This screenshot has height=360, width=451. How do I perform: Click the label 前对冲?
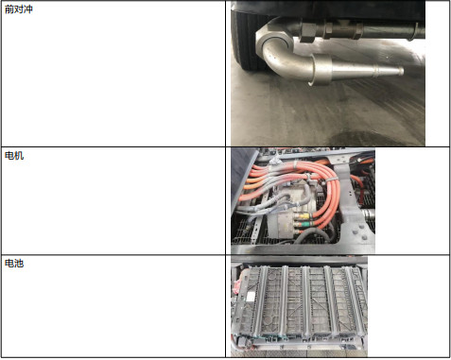(x=19, y=9)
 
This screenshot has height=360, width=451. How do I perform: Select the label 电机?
(x=14, y=155)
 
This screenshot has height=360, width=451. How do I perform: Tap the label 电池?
(x=14, y=263)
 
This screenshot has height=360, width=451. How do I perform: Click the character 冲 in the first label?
(x=28, y=9)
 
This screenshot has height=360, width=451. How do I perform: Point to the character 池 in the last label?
(x=19, y=263)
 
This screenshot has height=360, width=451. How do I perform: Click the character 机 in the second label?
(x=19, y=155)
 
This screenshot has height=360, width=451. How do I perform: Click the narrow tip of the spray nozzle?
(x=401, y=71)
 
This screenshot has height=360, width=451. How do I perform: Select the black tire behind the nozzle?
(x=249, y=40)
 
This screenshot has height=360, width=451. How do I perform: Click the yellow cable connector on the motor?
(x=304, y=216)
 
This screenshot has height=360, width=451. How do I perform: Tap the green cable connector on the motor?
(x=304, y=225)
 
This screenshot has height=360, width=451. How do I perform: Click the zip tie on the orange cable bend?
(x=330, y=180)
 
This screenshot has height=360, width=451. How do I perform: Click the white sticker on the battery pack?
(x=251, y=297)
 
